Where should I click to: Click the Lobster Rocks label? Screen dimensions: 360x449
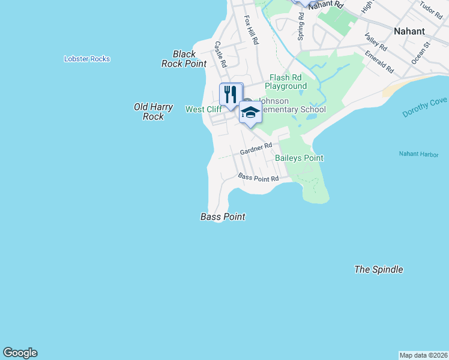pos(87,59)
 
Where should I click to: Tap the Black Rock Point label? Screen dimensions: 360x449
pos(184,59)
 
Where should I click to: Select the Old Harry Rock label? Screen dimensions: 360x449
pos(153,112)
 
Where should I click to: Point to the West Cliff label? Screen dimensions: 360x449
pos(203,109)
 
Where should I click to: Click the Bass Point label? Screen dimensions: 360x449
pos(223,217)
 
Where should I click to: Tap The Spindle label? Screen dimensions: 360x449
pos(378,269)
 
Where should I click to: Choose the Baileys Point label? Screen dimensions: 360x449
pos(299,158)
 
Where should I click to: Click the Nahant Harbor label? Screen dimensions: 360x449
pos(418,154)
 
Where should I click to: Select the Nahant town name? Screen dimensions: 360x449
pos(409,31)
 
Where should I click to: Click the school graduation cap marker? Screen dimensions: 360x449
pos(250,112)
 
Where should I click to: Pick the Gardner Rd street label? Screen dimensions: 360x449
pos(256,148)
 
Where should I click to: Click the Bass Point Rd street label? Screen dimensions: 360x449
pos(258,178)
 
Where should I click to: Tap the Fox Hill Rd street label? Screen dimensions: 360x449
pos(251,30)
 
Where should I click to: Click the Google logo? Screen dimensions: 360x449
pos(20,353)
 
